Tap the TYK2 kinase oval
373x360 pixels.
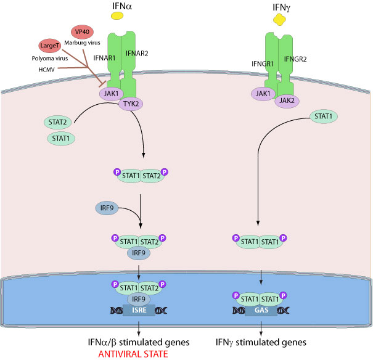tap(129, 104)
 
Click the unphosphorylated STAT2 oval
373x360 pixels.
tap(59, 123)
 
